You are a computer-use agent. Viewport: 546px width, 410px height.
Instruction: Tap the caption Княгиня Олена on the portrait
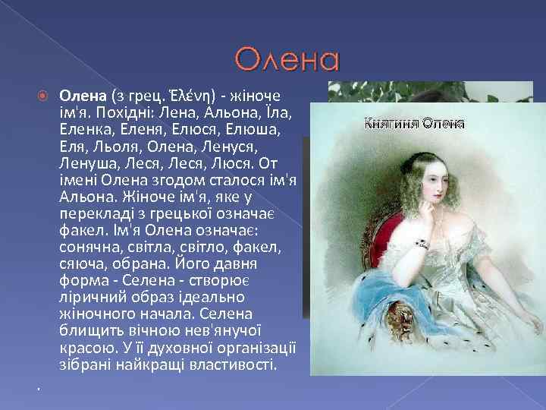[415, 123]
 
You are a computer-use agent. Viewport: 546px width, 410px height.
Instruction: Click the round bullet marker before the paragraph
[43, 96]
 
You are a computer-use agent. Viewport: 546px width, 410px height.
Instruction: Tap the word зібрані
[84, 364]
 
